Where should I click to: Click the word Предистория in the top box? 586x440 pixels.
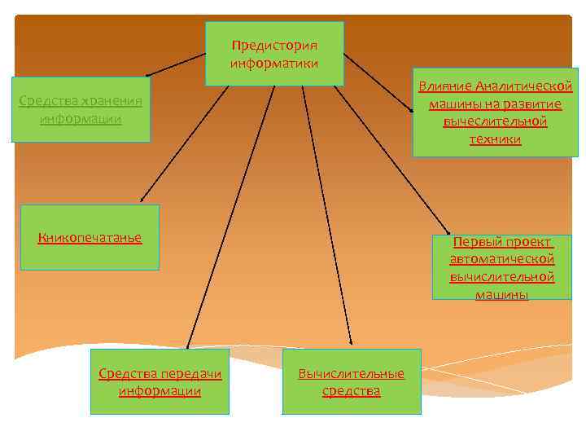(x=274, y=46)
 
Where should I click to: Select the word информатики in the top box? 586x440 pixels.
(x=274, y=63)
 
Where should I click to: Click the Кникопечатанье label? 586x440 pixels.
(x=90, y=238)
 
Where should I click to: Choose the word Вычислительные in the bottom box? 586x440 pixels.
(x=351, y=374)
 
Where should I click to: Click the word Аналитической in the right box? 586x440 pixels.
(x=524, y=86)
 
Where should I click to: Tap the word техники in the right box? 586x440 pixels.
(x=495, y=139)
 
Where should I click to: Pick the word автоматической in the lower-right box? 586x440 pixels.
(x=501, y=259)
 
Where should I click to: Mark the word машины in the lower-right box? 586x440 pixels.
(x=501, y=294)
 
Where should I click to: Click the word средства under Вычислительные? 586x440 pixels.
(x=351, y=391)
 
